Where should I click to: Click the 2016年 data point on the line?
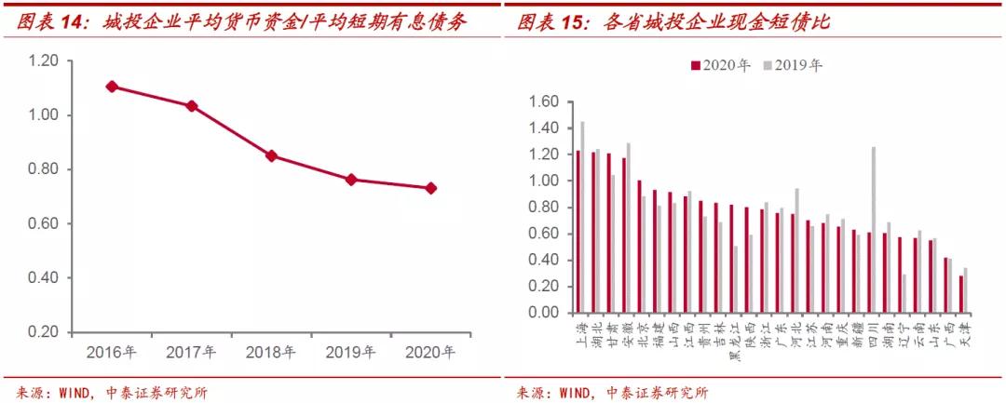(112, 87)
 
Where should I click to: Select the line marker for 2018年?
(271, 155)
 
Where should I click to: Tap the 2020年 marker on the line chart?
(430, 188)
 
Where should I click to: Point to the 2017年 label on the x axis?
(191, 353)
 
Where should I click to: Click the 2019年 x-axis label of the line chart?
(350, 353)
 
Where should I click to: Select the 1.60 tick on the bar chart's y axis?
(543, 101)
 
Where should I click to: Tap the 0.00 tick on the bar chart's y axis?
(543, 313)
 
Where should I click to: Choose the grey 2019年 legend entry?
(793, 65)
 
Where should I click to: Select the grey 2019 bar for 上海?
(582, 217)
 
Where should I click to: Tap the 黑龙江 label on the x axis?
(733, 342)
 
